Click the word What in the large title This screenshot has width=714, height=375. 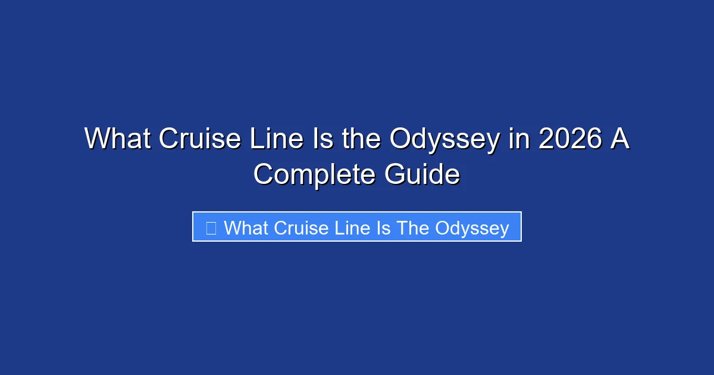coord(118,139)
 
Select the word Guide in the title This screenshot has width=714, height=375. coord(421,175)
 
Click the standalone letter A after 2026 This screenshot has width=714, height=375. coord(619,139)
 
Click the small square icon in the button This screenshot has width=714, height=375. coord(211,227)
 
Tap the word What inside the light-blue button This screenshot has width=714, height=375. coord(246,227)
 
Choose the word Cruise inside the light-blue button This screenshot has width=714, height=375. coord(299,227)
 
